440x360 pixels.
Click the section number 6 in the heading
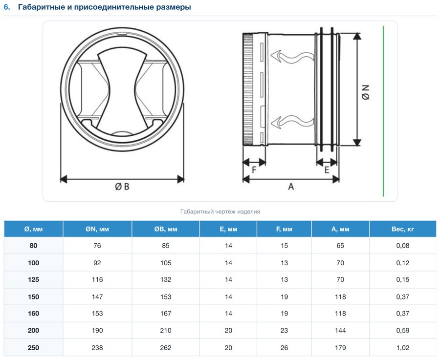tap(7, 7)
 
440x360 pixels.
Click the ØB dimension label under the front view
tap(122, 187)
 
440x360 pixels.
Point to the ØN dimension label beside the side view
tap(366, 92)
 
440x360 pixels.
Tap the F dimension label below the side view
tap(254, 170)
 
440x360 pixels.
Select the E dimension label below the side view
tap(327, 170)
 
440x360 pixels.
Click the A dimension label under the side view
tap(291, 187)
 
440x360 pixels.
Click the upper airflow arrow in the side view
tap(292, 57)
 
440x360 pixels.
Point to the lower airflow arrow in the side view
tap(292, 122)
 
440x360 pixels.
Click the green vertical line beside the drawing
tap(383, 111)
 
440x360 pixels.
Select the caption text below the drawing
tap(220, 212)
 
